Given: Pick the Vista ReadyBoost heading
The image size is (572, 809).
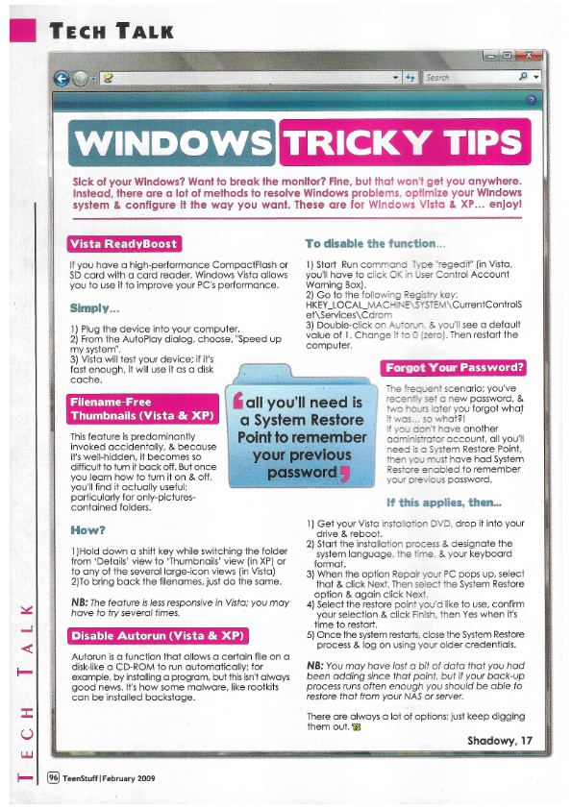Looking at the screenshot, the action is [x=124, y=242].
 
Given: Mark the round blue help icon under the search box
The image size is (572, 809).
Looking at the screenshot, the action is [x=532, y=99].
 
